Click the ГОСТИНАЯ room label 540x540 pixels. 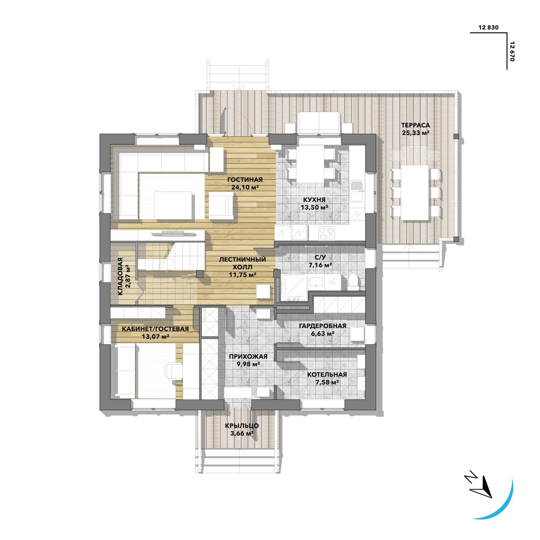[245, 180]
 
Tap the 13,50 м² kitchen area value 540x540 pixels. [314, 207]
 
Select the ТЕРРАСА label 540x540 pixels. [415, 125]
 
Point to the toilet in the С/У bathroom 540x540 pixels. [352, 281]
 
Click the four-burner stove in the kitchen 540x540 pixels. [326, 233]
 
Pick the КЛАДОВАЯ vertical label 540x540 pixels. [120, 276]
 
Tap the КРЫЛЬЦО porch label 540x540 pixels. [242, 426]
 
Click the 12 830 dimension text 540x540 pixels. [488, 27]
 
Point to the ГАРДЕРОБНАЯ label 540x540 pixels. [323, 326]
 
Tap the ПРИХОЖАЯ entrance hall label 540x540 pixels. [248, 357]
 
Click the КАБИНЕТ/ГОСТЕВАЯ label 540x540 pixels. [155, 329]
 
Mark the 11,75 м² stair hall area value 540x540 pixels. [243, 274]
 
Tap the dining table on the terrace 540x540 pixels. [415, 193]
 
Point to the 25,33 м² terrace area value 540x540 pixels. [416, 133]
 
